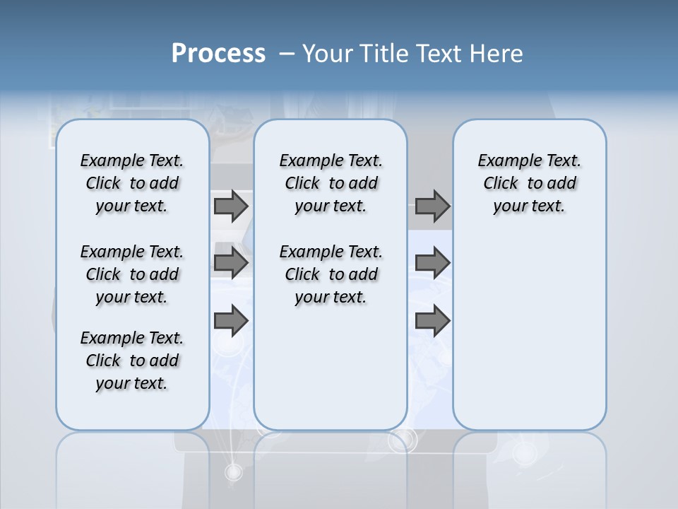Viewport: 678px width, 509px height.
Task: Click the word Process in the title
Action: [218, 54]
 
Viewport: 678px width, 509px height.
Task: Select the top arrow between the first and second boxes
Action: [231, 206]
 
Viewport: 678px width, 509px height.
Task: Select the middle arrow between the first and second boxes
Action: [231, 263]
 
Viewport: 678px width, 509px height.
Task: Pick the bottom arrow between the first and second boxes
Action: [231, 321]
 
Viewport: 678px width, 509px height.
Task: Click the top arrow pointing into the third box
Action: [432, 206]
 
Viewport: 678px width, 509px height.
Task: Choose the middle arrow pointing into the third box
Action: [432, 263]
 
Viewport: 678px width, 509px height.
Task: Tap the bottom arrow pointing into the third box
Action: [432, 321]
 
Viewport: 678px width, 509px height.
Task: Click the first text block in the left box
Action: [132, 183]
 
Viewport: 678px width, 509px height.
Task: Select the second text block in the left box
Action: [132, 274]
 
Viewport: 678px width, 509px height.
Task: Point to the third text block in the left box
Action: [132, 361]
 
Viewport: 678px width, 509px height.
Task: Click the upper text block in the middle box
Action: [331, 183]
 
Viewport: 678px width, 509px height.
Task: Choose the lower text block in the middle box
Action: [331, 274]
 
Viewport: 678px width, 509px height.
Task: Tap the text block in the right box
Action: [529, 183]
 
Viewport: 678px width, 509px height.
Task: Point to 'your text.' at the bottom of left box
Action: [132, 383]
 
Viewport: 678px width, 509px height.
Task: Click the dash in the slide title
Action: [287, 54]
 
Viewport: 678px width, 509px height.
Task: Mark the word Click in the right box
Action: [501, 184]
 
